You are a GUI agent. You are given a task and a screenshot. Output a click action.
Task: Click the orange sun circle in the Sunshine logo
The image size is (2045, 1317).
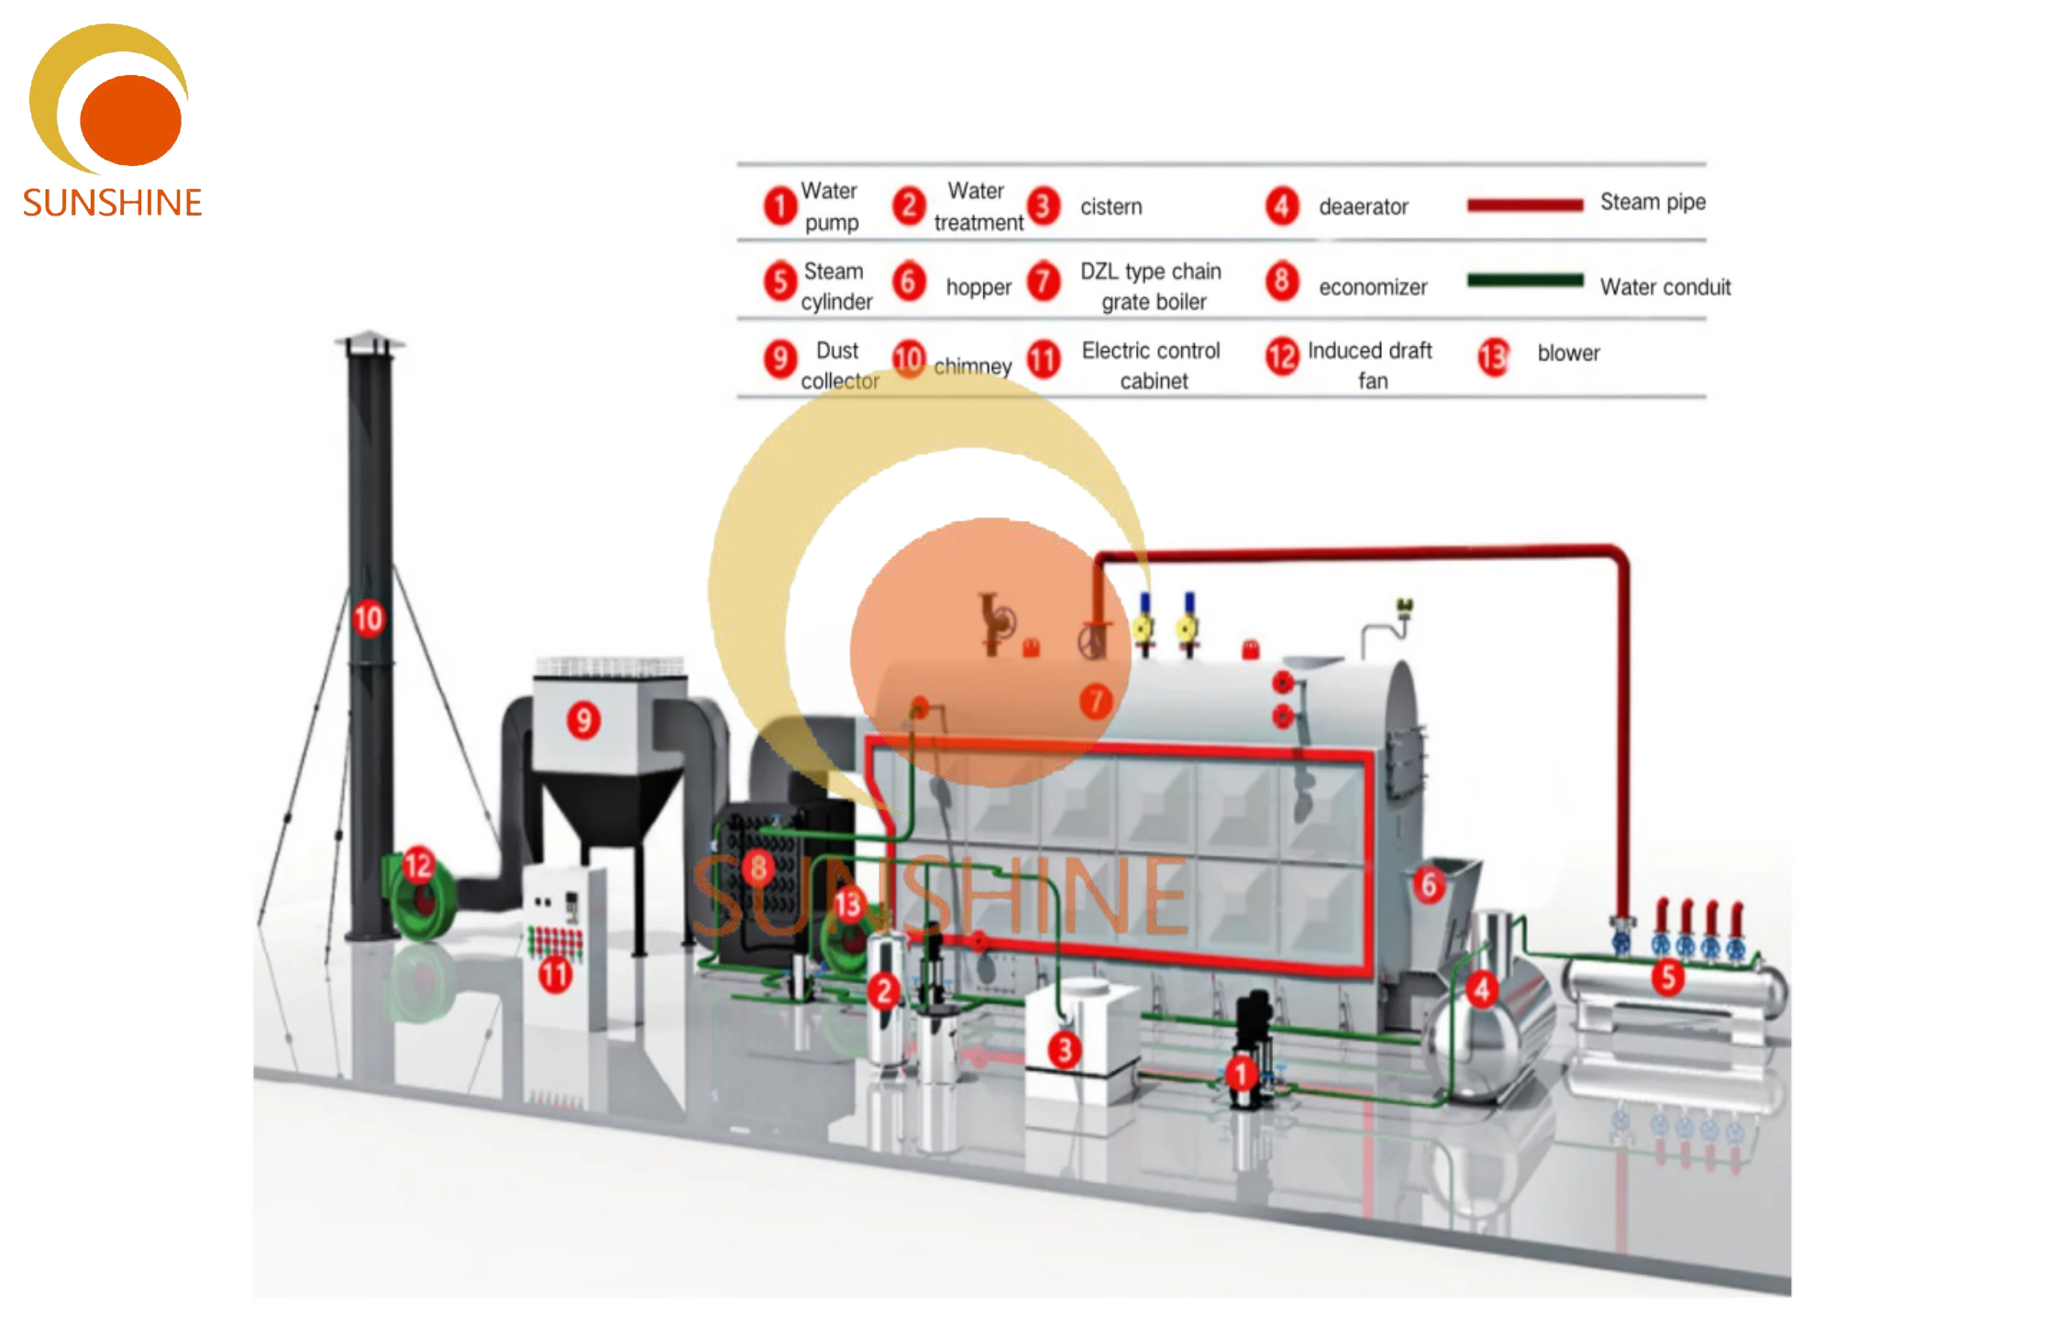tap(130, 120)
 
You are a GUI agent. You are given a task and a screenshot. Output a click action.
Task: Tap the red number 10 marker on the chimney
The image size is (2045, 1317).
tap(368, 619)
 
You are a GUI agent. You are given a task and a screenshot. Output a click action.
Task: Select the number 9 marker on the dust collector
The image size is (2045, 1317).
tap(583, 721)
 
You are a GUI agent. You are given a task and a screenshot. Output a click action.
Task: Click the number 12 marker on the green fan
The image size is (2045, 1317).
tap(418, 865)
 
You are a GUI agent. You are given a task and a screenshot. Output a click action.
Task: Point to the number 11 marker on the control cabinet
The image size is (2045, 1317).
tap(555, 974)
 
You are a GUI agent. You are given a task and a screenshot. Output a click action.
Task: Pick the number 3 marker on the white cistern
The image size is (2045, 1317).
tap(1064, 1050)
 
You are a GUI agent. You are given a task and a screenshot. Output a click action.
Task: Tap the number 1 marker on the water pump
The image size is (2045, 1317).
tap(1241, 1073)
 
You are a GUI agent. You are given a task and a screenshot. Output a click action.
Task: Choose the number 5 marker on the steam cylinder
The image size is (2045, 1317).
tap(1668, 977)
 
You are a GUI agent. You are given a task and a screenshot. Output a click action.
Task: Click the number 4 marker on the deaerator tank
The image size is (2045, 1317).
tap(1482, 990)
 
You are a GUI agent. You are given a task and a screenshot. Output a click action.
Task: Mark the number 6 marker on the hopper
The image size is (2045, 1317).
tap(1429, 885)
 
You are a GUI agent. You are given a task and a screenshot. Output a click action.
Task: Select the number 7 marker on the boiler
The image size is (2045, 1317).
tap(1095, 702)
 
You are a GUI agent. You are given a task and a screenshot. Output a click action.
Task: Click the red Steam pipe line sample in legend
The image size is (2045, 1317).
tap(1524, 205)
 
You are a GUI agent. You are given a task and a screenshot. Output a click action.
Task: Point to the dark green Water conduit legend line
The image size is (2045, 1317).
tap(1524, 281)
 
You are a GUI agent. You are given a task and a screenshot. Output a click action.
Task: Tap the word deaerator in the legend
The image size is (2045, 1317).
tap(1363, 207)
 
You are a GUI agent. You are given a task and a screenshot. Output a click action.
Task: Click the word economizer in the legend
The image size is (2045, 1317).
tap(1373, 288)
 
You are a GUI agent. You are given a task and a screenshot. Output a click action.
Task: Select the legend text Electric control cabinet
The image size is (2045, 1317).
tap(1151, 365)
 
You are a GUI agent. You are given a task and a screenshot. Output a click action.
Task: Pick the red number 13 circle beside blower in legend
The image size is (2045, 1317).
tap(1493, 357)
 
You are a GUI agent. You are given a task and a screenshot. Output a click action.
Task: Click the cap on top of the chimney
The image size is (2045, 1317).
tap(370, 340)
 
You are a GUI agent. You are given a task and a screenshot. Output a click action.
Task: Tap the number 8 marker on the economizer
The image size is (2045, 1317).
tap(758, 867)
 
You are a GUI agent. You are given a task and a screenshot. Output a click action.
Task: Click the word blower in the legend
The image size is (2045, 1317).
tap(1568, 353)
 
